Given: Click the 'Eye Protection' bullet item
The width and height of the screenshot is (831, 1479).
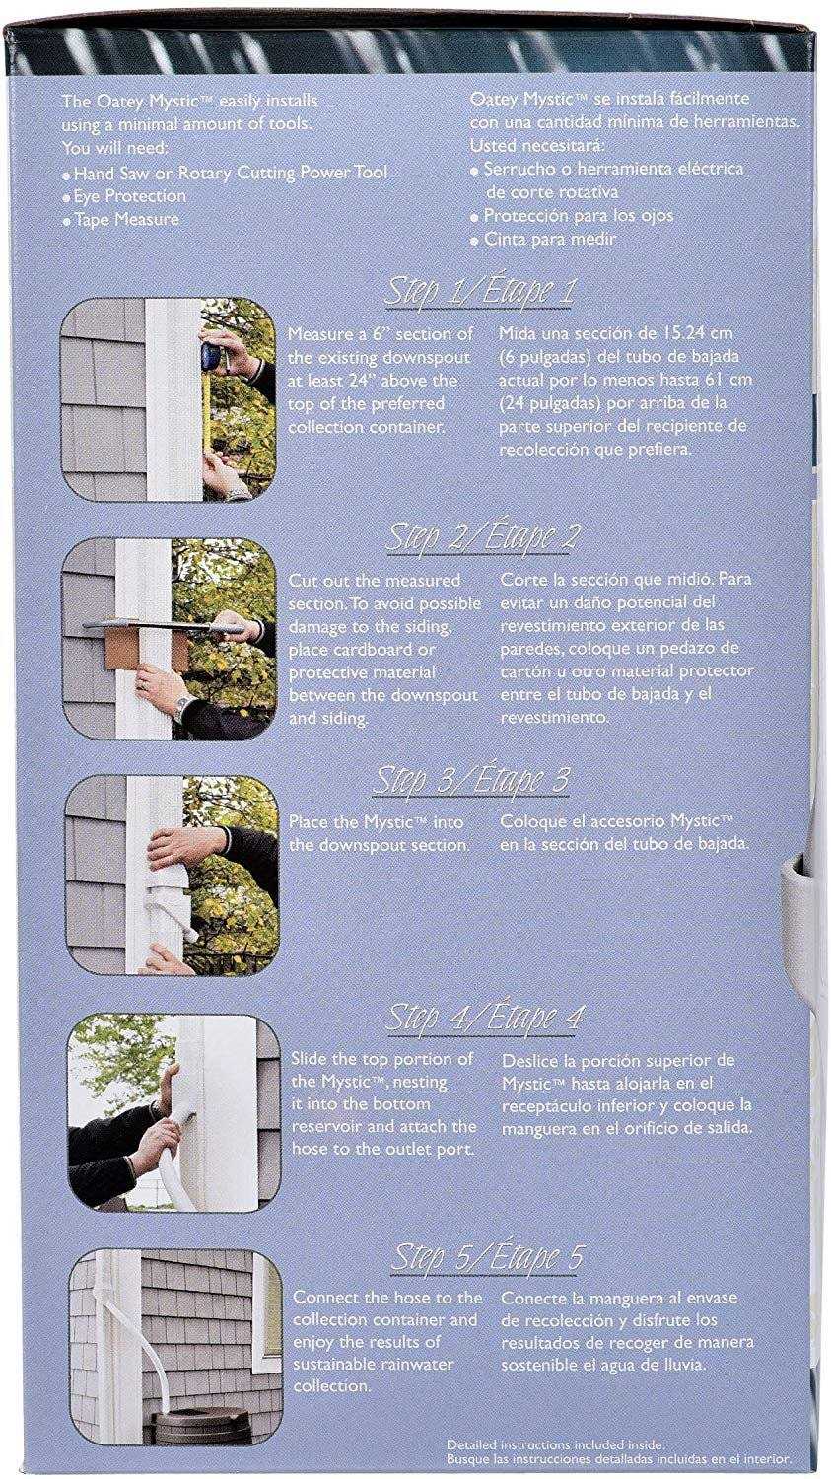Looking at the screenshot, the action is tap(124, 196).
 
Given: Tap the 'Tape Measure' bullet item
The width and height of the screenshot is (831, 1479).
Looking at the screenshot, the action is tap(121, 219).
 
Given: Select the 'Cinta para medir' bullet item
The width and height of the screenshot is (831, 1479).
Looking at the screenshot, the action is tap(544, 239).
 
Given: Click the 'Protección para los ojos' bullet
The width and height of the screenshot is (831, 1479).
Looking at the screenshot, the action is tap(572, 216).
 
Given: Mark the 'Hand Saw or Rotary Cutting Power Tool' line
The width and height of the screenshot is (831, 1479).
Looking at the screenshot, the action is tap(225, 173).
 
